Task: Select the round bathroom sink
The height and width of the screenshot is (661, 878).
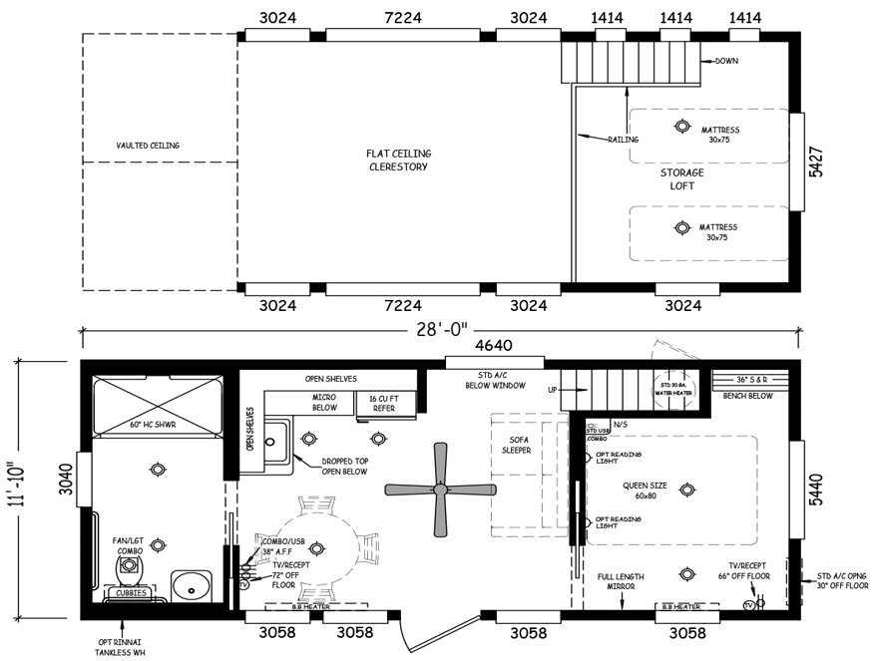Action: click(x=187, y=583)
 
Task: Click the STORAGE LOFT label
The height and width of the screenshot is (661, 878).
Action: click(x=681, y=179)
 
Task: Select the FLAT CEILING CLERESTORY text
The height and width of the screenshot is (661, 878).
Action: click(x=397, y=160)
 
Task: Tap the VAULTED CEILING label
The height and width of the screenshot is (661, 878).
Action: click(x=148, y=146)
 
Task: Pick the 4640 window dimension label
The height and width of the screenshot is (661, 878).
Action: click(x=493, y=346)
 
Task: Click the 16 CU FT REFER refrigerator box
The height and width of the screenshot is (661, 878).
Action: click(x=384, y=404)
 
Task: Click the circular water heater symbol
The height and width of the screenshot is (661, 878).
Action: click(x=673, y=388)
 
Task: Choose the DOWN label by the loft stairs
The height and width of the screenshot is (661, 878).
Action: click(x=727, y=62)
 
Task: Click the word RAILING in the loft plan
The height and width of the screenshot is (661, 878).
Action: click(x=624, y=140)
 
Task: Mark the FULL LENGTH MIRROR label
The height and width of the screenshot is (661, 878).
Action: click(x=621, y=583)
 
